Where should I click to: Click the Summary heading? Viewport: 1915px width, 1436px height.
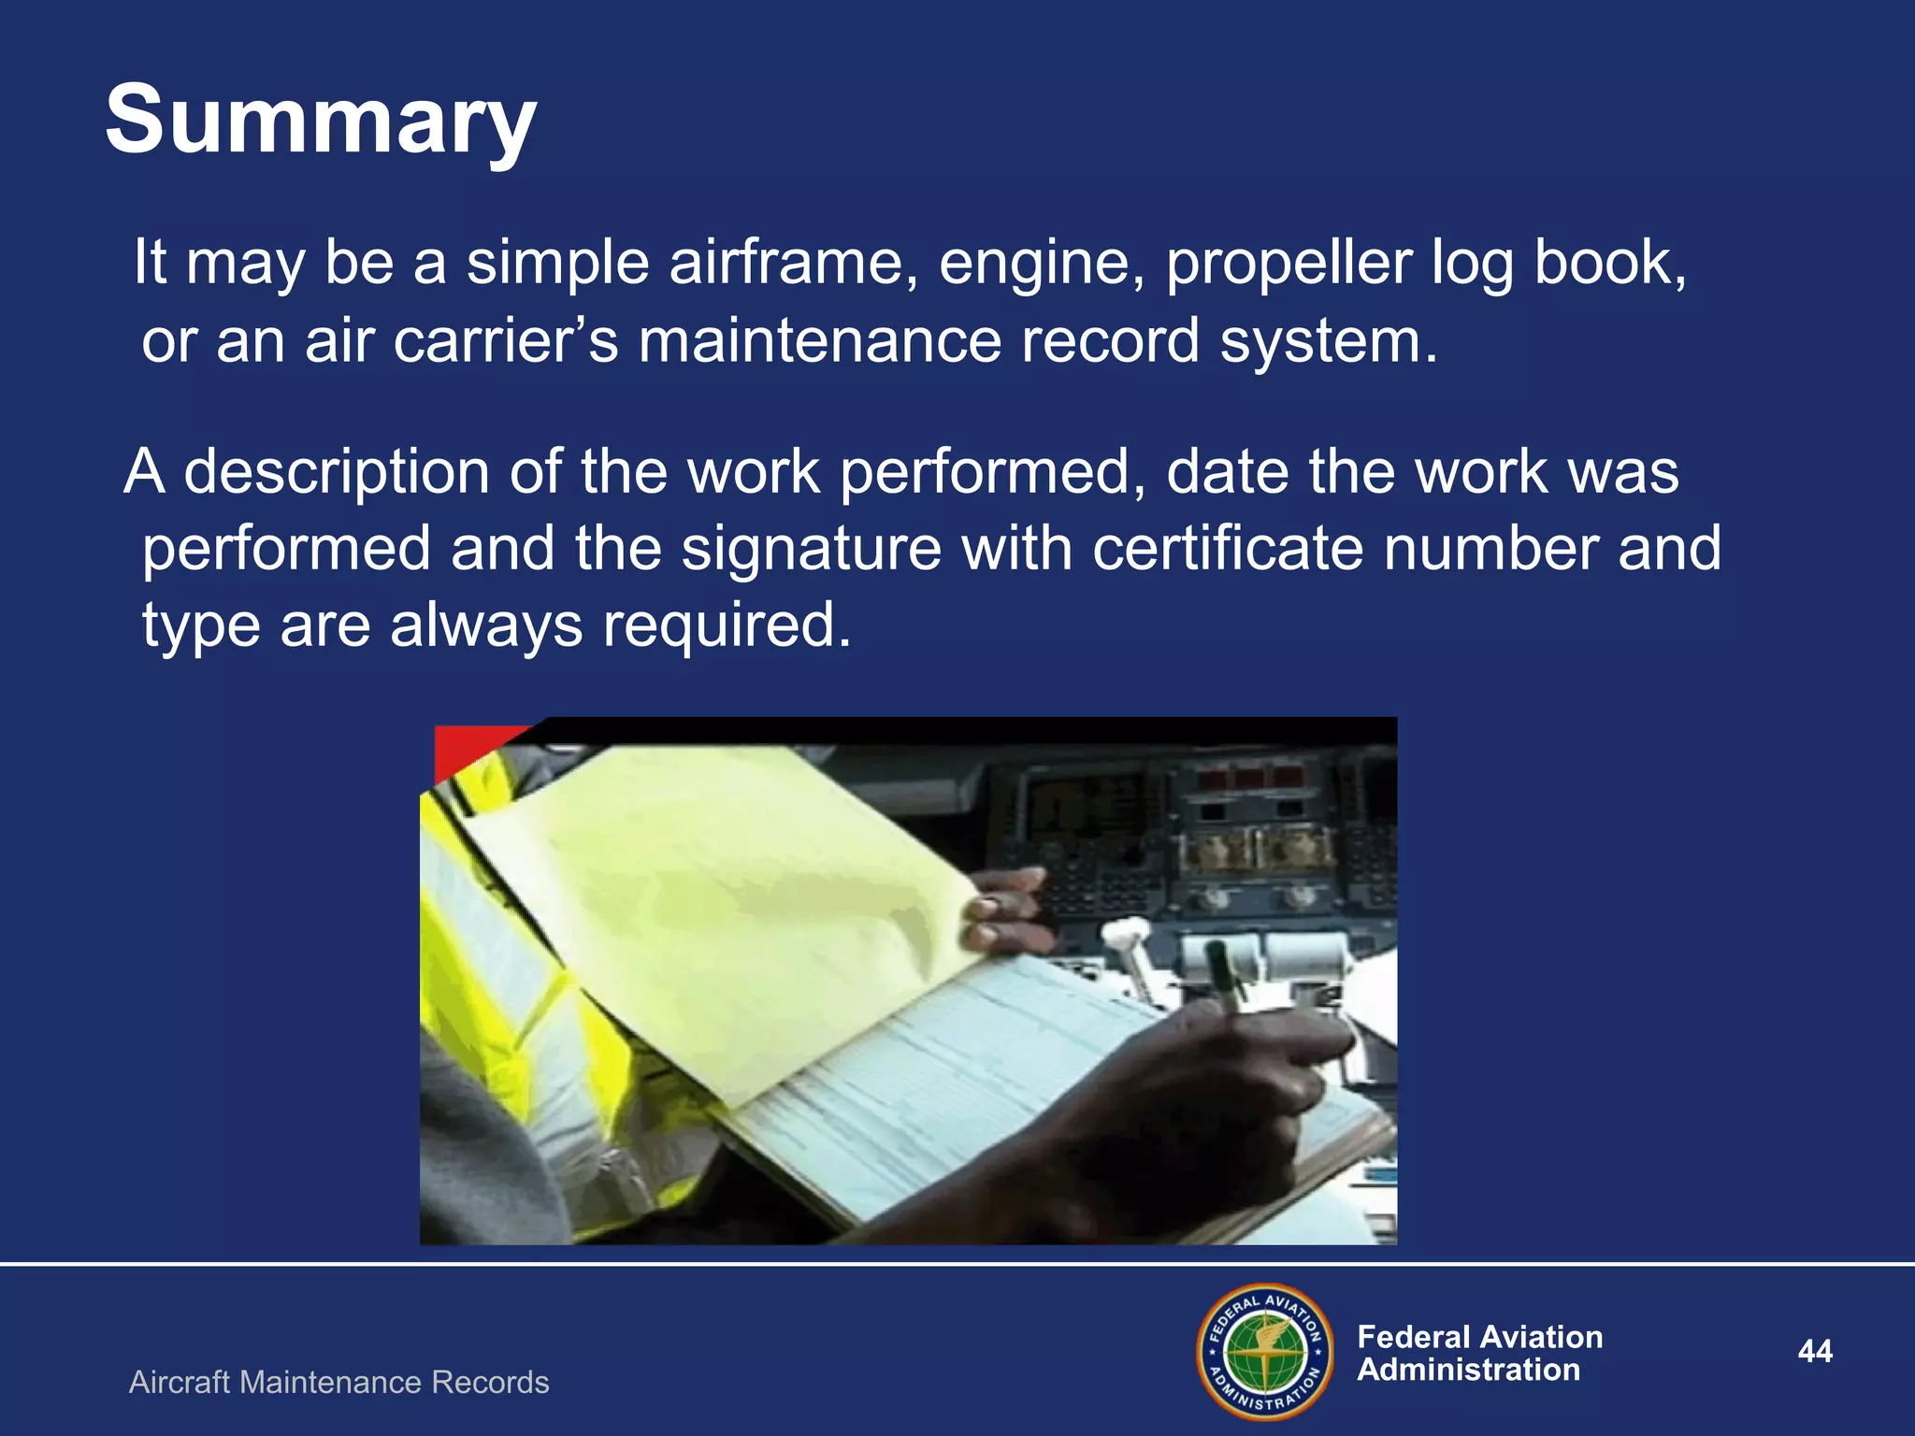(x=321, y=122)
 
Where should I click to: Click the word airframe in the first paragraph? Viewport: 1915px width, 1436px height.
(x=793, y=263)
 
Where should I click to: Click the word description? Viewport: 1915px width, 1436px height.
(x=337, y=473)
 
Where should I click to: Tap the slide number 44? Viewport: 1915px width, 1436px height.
(x=1814, y=1351)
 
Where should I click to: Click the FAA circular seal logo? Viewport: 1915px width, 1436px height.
(x=1265, y=1352)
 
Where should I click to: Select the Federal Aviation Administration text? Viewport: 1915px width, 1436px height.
(x=1478, y=1353)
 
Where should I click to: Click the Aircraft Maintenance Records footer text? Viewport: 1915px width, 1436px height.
(x=338, y=1382)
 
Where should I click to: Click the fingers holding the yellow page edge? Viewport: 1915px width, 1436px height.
(x=1001, y=912)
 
